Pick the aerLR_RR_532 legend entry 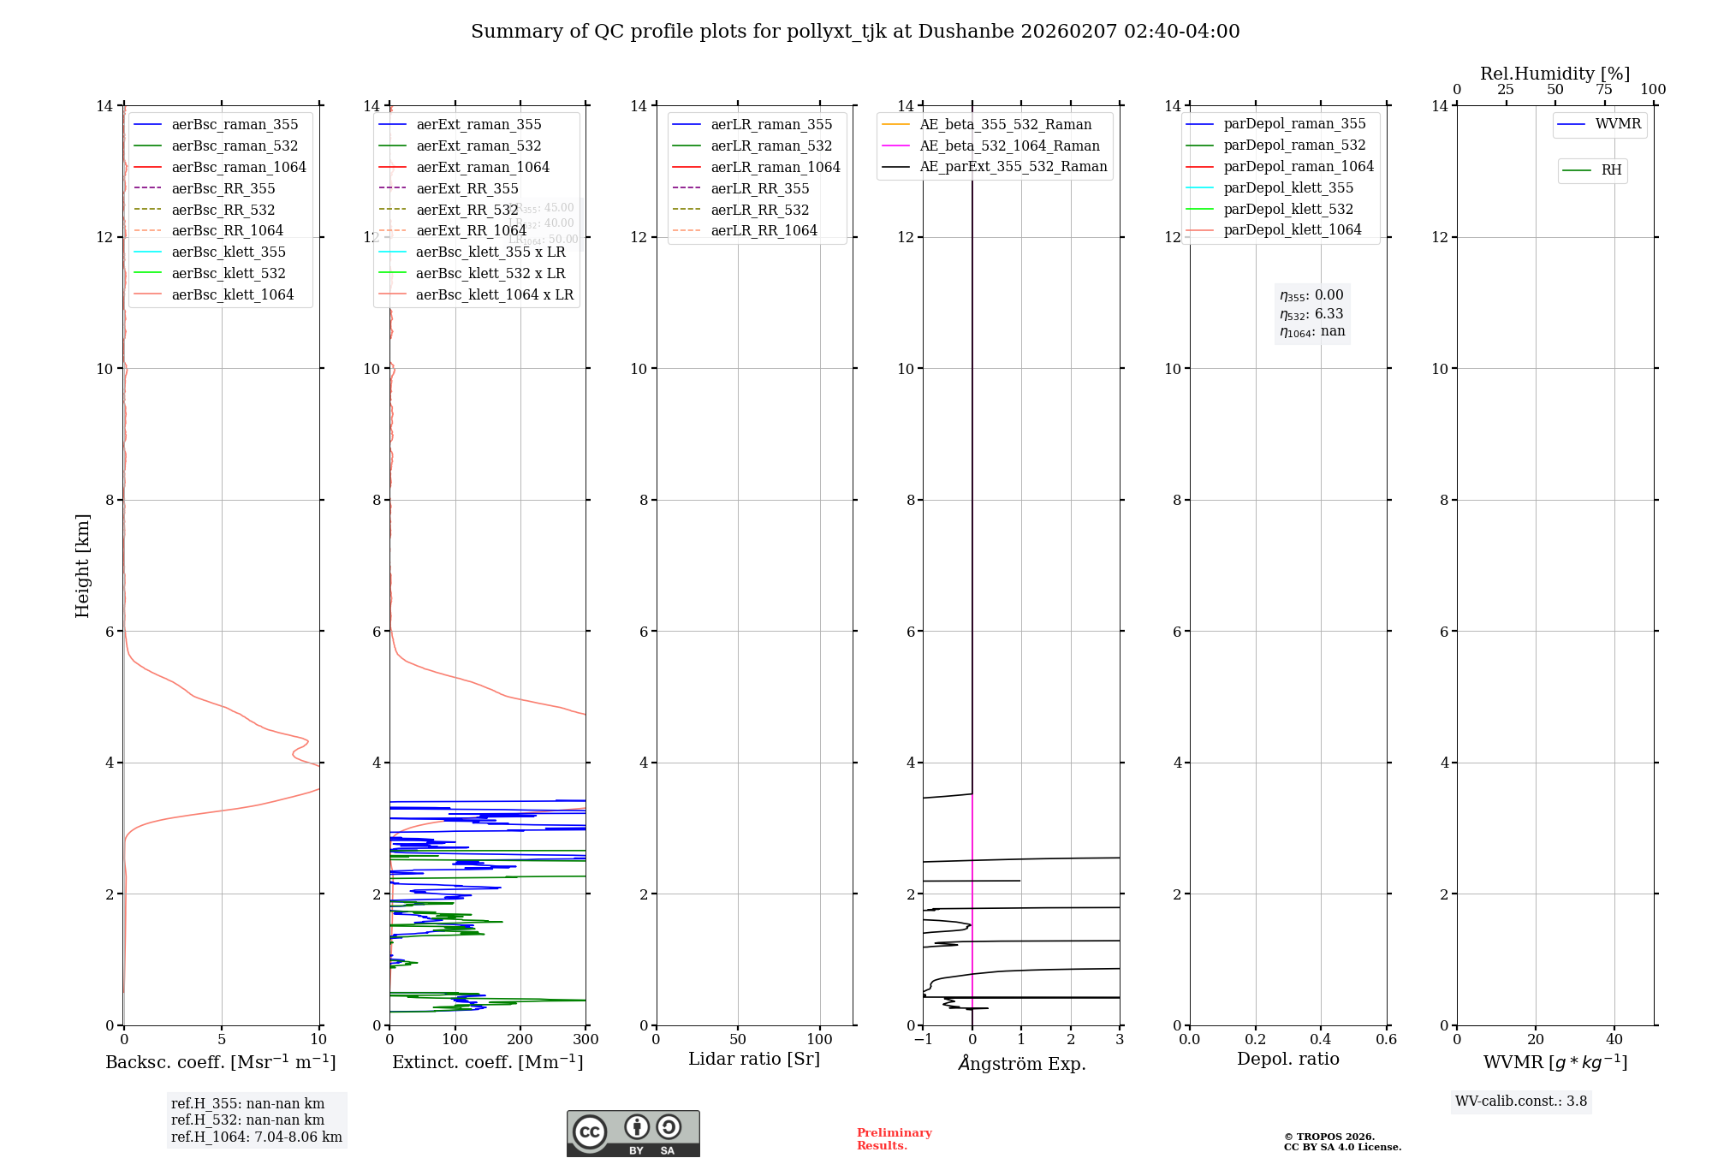point(759,210)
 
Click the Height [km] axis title point(82,565)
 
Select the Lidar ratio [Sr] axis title point(754,1059)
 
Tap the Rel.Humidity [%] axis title point(1554,74)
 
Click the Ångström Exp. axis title point(1021,1063)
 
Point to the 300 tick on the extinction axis point(586,1040)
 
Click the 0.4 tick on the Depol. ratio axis point(1321,1040)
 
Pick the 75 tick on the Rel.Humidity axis point(1604,90)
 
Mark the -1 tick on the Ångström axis point(923,1040)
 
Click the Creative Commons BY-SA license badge point(633,1133)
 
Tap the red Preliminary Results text point(894,1139)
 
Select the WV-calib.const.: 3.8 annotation point(1521,1102)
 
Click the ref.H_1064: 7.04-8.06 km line point(256,1137)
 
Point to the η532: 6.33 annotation point(1311,314)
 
